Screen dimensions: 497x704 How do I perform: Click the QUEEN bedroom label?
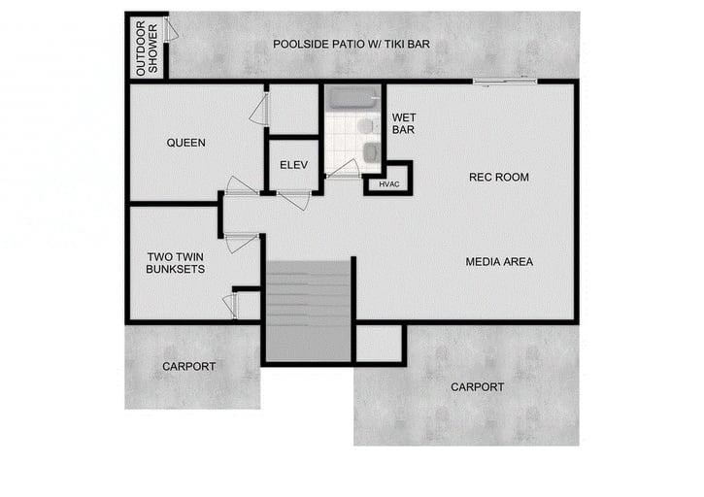[185, 143]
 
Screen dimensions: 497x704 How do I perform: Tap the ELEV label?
[293, 165]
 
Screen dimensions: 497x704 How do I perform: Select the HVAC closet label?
[388, 183]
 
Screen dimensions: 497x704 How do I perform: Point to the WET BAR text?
[404, 123]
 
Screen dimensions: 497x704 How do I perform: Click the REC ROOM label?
[498, 177]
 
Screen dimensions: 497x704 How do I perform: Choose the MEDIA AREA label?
[498, 261]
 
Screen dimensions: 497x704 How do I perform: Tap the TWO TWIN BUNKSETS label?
[176, 263]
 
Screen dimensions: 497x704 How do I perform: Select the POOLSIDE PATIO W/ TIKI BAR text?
[351, 44]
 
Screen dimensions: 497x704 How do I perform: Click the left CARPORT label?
[188, 366]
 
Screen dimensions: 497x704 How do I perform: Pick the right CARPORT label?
[477, 386]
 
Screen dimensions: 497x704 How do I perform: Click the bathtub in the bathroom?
[353, 97]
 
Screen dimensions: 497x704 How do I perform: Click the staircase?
[308, 310]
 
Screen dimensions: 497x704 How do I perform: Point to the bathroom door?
[342, 168]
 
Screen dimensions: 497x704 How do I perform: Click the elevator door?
[294, 200]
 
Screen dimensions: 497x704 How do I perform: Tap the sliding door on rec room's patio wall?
[503, 81]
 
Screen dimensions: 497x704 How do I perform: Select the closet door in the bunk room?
[230, 305]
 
